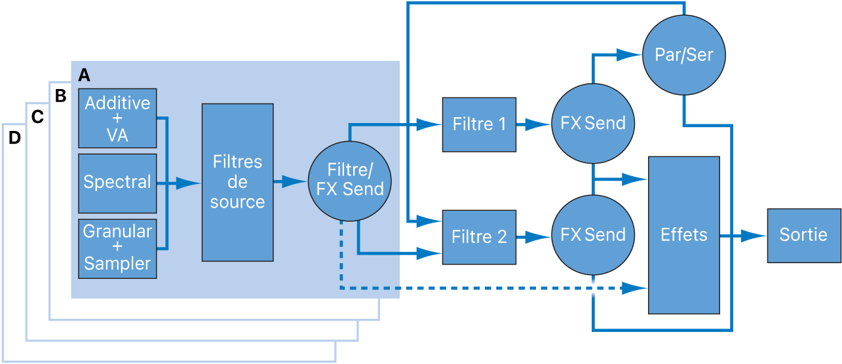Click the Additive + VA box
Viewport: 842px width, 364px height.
coord(117,118)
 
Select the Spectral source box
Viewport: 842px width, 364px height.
coord(117,183)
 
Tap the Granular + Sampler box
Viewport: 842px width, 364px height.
coord(117,248)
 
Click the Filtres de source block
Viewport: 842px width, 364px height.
coord(237,182)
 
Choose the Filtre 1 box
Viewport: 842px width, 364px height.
coord(479,124)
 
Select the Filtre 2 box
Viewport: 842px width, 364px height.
coord(479,237)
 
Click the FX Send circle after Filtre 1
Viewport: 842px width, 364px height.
coord(593,124)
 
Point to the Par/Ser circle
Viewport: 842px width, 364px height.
coord(683,55)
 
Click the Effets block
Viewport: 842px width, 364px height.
coord(683,235)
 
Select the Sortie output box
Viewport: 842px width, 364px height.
coord(803,235)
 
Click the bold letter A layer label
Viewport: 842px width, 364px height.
coord(84,75)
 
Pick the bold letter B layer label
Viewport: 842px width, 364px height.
coord(60,96)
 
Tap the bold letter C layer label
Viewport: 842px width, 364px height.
coord(37,117)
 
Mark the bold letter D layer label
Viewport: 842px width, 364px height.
coord(14,138)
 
